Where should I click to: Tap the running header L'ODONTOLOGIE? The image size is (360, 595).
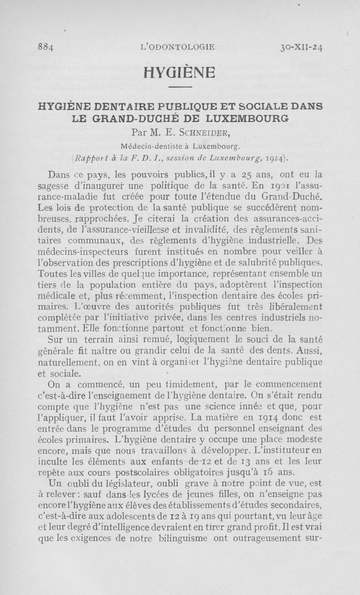coord(178,47)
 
